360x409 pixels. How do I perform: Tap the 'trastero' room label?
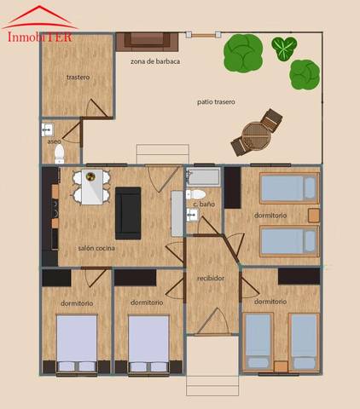(x=78, y=78)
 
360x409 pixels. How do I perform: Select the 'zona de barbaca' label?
(x=155, y=61)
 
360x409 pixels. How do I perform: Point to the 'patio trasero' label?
(x=216, y=102)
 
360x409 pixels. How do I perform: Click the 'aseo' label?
(x=54, y=141)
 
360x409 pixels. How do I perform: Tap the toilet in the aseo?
(x=59, y=153)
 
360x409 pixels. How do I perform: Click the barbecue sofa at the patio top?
(x=147, y=40)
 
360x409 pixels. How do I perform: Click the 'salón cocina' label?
(x=96, y=248)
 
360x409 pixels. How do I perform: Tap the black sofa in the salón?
(x=129, y=213)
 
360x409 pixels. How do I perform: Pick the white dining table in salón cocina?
(x=90, y=187)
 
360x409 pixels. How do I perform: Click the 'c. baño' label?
(x=202, y=204)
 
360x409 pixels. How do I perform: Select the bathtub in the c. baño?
(x=201, y=180)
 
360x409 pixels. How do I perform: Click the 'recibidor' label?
(x=211, y=278)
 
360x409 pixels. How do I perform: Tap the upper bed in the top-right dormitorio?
(x=288, y=187)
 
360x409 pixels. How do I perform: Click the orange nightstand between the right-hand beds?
(x=315, y=215)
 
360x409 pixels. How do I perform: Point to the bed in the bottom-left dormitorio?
(x=76, y=343)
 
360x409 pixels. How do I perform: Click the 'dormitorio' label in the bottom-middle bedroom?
(x=148, y=302)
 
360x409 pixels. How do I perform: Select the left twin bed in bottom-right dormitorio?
(x=257, y=342)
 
